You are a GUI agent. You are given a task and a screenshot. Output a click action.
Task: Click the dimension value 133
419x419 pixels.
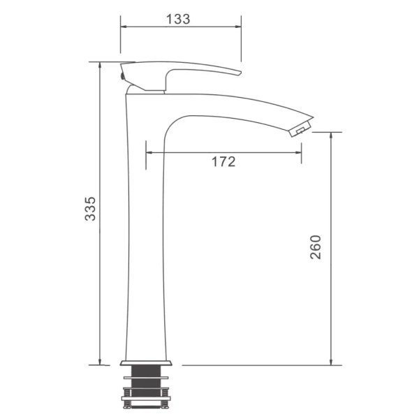178,19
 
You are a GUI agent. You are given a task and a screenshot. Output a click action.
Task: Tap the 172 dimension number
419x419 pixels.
223,162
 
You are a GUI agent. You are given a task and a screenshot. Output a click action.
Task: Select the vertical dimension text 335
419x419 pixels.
90,209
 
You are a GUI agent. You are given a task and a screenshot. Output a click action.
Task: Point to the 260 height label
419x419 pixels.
316,247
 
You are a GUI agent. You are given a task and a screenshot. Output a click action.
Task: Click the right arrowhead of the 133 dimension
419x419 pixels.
238,27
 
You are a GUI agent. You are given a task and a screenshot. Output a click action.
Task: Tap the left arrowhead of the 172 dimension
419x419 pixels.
149,152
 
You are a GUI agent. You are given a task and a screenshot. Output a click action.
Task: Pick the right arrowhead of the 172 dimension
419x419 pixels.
298,152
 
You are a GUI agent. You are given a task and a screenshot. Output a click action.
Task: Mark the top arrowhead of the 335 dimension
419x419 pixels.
100,66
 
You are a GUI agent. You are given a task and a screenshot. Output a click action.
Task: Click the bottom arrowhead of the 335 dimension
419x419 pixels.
100,362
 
